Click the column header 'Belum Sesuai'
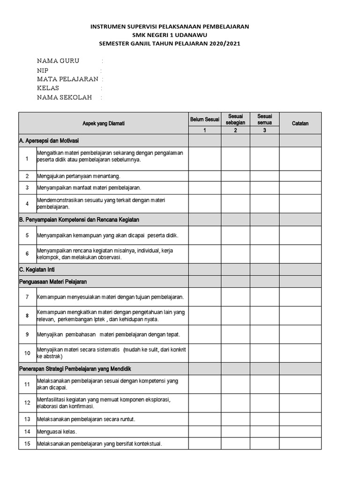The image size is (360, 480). [204, 120]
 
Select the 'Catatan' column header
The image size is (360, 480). [300, 123]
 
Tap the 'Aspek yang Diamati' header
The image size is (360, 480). [104, 123]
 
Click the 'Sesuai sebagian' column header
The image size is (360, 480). [235, 120]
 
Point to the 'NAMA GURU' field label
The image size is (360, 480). [58, 61]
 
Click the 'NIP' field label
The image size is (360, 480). [43, 70]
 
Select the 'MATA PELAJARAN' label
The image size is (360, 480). [67, 79]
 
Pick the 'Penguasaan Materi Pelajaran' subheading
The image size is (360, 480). [53, 282]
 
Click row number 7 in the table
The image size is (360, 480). [27, 297]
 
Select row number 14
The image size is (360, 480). [27, 432]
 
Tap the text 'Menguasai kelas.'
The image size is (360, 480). [57, 432]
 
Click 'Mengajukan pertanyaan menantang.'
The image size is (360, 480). [79, 176]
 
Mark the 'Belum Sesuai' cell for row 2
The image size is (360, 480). [204, 176]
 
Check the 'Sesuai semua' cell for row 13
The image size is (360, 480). [264, 419]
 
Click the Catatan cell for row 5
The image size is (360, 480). [300, 235]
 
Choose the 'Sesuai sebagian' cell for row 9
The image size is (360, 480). [235, 335]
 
